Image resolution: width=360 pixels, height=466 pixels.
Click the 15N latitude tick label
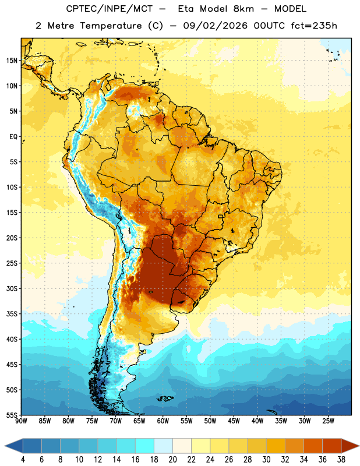click(12, 61)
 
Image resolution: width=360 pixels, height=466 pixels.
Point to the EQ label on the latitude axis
click(13, 137)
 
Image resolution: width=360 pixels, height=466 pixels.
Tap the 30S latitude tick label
click(12, 288)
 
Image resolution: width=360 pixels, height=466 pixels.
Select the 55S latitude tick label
click(12, 415)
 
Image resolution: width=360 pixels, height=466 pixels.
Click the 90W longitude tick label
click(21, 421)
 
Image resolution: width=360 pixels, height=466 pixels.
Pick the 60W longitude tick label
click(163, 421)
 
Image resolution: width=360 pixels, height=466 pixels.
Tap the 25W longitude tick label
click(328, 421)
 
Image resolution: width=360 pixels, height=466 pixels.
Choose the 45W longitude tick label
click(234, 421)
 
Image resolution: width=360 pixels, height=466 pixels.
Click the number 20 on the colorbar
click(172, 460)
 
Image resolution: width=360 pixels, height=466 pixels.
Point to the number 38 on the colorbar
click(341, 460)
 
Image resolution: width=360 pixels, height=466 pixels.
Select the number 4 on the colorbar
click(23, 460)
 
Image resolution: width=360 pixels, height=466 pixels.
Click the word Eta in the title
click(186, 9)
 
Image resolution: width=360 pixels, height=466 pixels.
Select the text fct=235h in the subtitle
click(314, 26)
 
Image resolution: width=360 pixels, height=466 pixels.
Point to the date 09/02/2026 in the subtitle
click(215, 26)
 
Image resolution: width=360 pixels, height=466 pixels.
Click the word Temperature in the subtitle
click(110, 26)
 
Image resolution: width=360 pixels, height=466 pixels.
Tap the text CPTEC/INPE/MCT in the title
click(110, 9)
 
